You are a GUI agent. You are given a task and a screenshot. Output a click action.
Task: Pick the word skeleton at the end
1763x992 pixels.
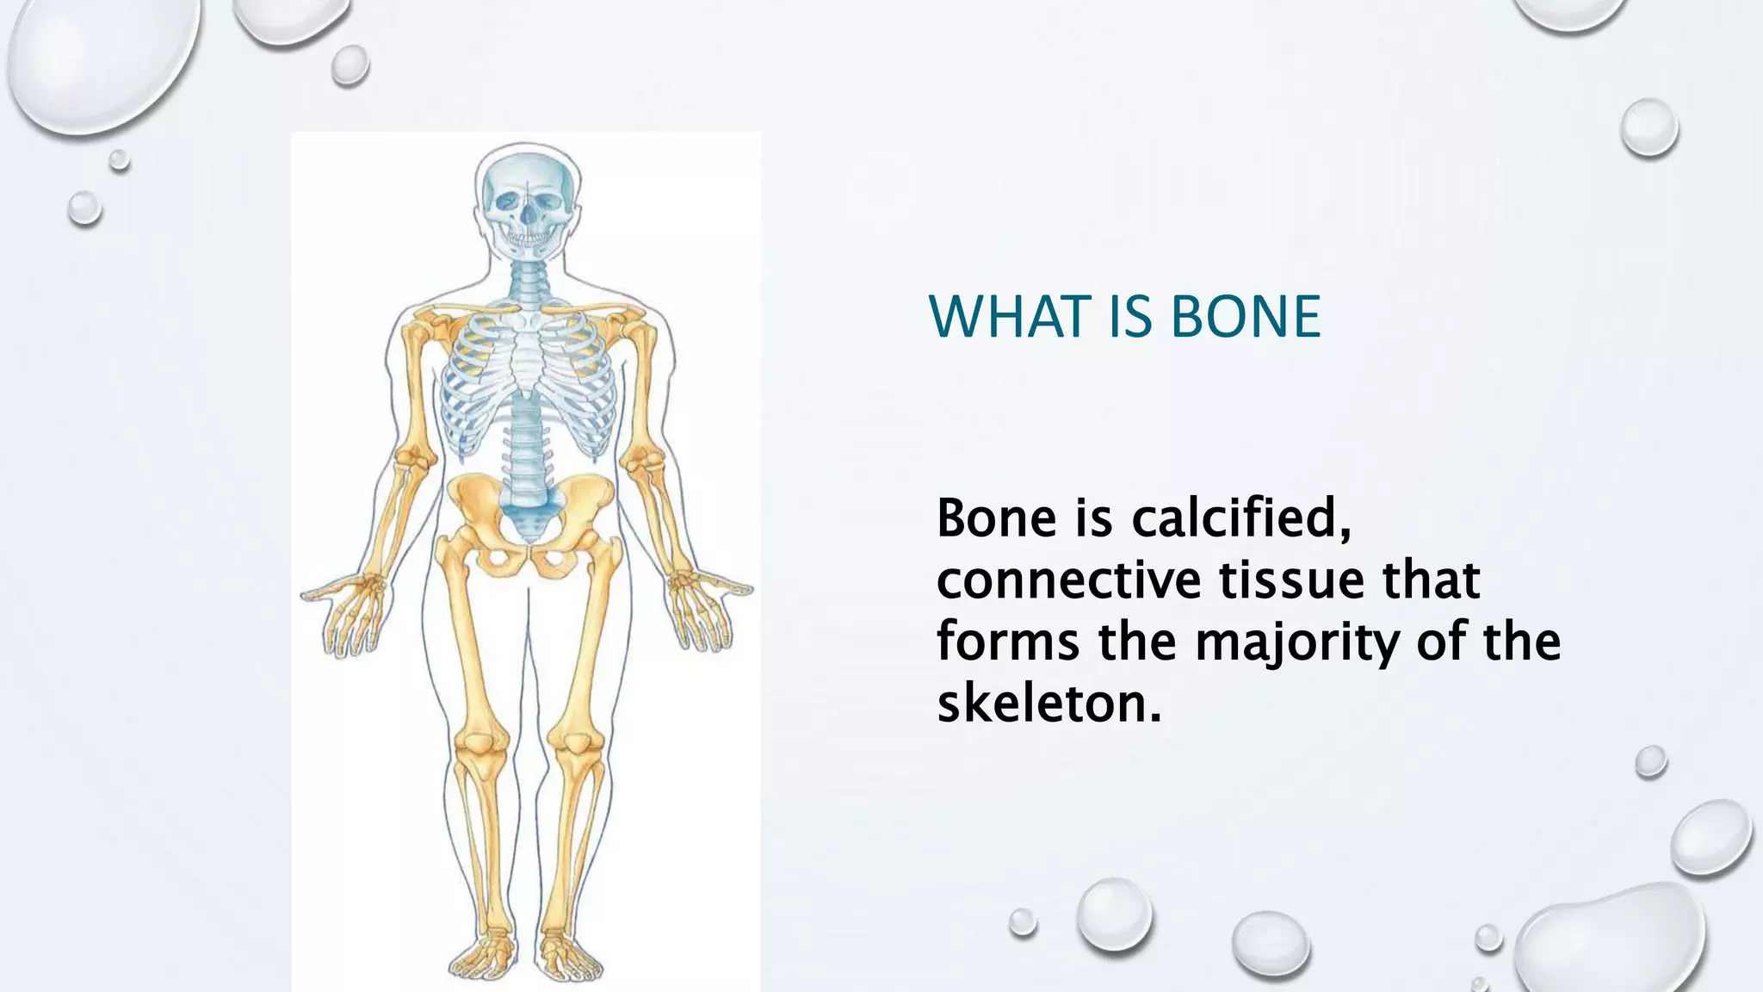(1049, 704)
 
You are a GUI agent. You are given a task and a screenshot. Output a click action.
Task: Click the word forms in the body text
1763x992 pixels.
(1007, 642)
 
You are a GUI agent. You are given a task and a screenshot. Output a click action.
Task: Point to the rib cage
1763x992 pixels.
(527, 379)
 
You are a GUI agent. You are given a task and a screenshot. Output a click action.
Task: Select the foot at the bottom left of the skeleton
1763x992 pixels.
(485, 956)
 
